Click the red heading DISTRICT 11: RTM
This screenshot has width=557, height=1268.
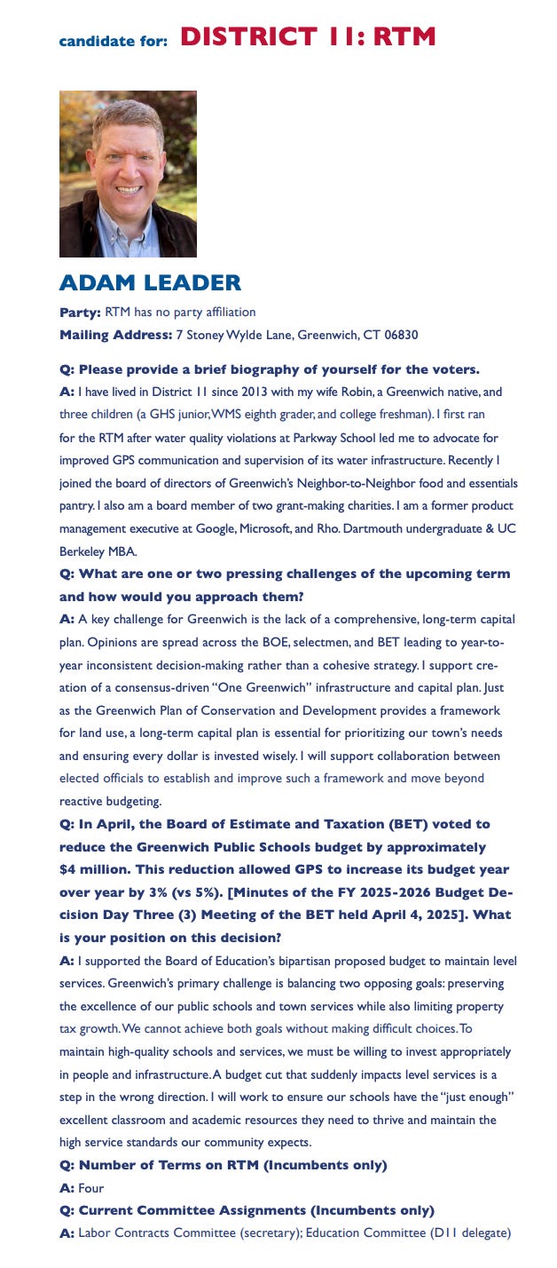point(308,37)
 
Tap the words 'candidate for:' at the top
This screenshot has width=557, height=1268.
point(113,41)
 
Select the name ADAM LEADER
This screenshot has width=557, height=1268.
point(150,283)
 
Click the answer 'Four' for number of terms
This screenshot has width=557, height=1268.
point(92,1188)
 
